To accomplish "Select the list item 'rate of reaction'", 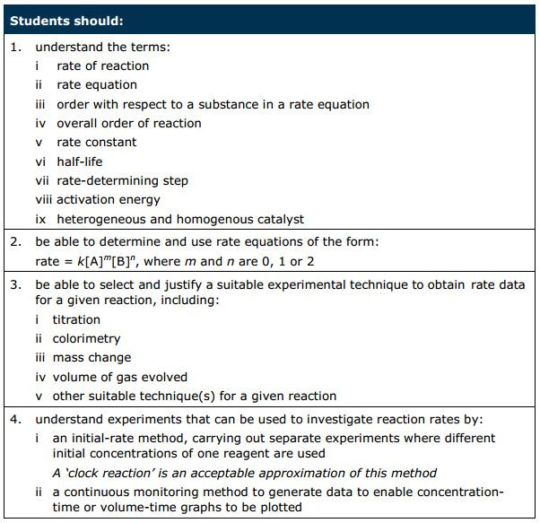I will [x=102, y=65].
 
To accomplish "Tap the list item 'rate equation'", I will [x=97, y=85].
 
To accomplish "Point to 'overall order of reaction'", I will [x=128, y=123].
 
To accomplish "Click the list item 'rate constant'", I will [x=97, y=142].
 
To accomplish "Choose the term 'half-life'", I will [x=79, y=161].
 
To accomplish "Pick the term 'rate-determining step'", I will [x=122, y=180].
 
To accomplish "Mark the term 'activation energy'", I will [x=109, y=200].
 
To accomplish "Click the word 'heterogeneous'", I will [x=101, y=219].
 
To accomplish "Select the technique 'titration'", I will [x=76, y=319].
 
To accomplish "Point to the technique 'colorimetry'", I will [x=86, y=339].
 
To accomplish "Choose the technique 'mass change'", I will [x=91, y=358].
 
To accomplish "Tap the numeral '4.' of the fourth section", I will [x=15, y=419].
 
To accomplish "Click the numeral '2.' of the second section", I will [x=15, y=242].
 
